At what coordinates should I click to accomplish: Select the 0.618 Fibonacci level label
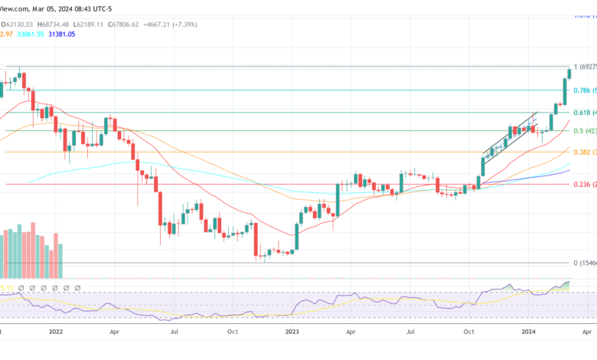pos(584,112)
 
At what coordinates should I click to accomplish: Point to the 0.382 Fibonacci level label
pos(584,152)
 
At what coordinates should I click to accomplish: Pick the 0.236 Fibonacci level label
pos(584,184)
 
